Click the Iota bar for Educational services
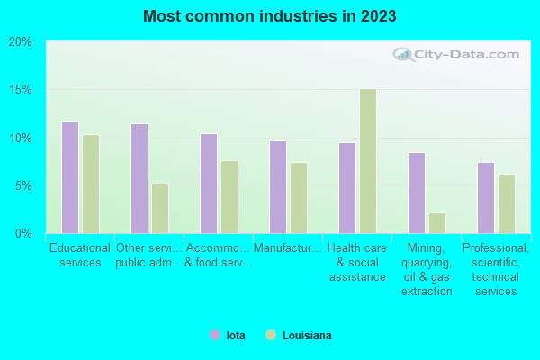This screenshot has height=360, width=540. (69, 177)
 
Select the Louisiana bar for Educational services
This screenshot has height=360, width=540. (90, 184)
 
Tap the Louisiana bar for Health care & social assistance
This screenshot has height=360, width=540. (367, 161)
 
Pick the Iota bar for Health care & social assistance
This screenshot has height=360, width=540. (346, 187)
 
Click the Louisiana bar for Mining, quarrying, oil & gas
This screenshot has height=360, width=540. (436, 222)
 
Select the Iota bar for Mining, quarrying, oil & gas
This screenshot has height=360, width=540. (416, 193)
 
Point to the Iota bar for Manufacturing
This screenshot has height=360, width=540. (277, 186)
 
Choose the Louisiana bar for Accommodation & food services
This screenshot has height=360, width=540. (229, 196)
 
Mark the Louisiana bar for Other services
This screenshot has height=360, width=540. (159, 208)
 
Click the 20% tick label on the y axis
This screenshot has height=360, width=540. (20, 42)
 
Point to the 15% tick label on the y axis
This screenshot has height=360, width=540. (20, 90)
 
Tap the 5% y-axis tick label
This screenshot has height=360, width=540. (22, 186)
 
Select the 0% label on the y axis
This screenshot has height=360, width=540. (22, 234)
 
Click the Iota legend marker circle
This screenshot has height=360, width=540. (215, 336)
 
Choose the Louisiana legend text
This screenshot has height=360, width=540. (307, 336)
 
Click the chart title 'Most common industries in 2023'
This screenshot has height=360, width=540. (269, 16)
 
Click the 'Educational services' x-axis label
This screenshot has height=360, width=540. (79, 256)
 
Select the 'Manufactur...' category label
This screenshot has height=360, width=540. (287, 248)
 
